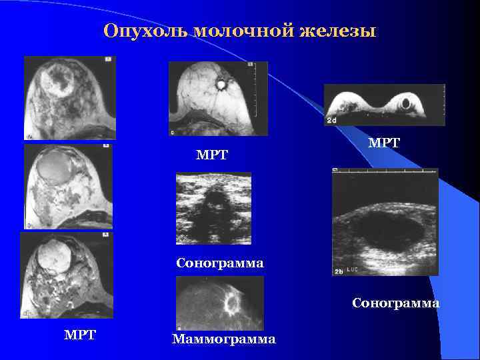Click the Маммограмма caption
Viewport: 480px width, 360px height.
point(223,339)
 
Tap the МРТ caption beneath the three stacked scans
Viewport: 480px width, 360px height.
point(79,335)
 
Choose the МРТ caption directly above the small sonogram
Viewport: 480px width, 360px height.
point(212,155)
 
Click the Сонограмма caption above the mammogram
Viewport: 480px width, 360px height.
point(220,263)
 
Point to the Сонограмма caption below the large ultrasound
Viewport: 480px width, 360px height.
point(396,303)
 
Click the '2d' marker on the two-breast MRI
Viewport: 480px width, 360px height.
point(333,119)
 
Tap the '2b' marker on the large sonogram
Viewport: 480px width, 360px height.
point(339,271)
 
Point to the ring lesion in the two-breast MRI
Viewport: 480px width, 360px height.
point(406,103)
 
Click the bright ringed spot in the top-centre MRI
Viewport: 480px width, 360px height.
point(220,85)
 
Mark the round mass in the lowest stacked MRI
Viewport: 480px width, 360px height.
point(55,257)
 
